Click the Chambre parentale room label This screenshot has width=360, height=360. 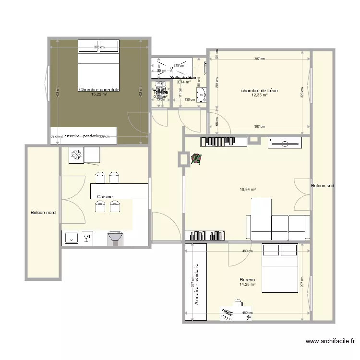pos(99,89)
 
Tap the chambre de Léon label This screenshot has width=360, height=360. pos(259,90)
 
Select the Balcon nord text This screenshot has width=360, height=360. pos(43,213)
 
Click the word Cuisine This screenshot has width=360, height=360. pos(105,197)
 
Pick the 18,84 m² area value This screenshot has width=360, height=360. pos(248,190)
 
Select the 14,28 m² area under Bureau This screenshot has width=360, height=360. pos(247,285)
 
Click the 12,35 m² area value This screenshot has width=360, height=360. pos(259,95)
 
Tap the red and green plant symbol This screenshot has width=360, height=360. pos(196,158)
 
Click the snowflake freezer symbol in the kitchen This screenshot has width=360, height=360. pos(76,156)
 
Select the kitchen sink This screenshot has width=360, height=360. pos(72,238)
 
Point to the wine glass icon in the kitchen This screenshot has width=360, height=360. pos(87,238)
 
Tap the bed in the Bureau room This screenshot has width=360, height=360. pos(280,269)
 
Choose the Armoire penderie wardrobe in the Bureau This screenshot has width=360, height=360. pos(196,282)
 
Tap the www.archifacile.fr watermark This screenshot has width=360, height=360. pos(331,341)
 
